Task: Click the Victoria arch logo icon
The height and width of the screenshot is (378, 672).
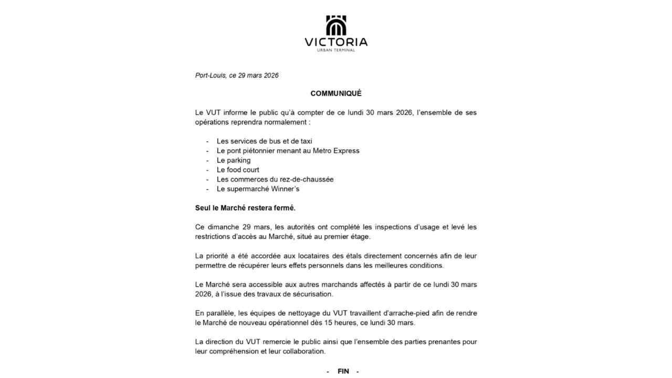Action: click(336, 25)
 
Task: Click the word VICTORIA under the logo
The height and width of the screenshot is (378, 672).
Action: click(336, 42)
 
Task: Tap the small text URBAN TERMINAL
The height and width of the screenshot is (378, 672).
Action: click(336, 50)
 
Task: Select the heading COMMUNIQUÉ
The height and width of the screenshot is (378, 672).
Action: click(336, 93)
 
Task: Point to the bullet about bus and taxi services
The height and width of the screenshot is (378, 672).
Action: click(264, 141)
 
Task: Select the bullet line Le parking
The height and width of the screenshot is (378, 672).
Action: click(234, 160)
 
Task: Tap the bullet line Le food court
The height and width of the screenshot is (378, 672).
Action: click(238, 170)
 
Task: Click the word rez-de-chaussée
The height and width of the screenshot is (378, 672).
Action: click(308, 179)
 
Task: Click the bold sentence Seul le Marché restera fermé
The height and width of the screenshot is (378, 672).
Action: click(245, 208)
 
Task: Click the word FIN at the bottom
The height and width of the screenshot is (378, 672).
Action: click(343, 371)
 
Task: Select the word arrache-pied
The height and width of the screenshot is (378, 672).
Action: click(377, 313)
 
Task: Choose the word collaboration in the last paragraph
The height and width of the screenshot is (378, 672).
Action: click(302, 351)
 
